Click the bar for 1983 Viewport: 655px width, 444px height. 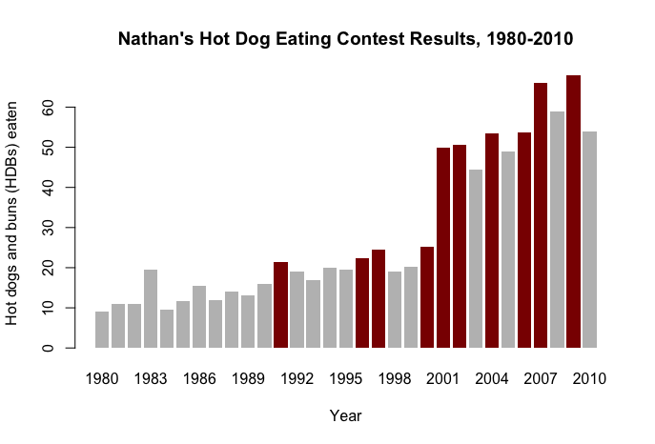point(151,309)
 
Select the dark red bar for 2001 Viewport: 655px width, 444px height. point(443,248)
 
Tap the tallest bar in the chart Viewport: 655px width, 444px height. point(574,212)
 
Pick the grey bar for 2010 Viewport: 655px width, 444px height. point(590,239)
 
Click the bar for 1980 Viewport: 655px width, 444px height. point(102,330)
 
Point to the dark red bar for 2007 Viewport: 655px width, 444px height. point(541,215)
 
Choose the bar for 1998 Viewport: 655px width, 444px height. point(395,310)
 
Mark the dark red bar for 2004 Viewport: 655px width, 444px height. point(492,240)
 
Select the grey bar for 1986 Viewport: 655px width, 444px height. point(199,316)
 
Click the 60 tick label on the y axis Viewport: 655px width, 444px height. point(48,108)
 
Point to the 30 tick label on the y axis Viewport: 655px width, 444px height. point(48,228)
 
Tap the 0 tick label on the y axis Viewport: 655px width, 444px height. point(48,348)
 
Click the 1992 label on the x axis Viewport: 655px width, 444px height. point(297,379)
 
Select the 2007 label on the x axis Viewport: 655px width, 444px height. point(541,379)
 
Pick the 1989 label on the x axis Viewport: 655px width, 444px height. point(248,379)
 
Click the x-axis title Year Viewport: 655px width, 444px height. point(345,416)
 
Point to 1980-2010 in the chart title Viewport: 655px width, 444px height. point(530,39)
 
